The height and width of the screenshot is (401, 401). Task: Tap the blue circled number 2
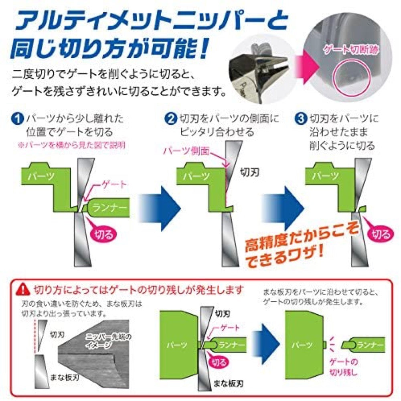click(171, 119)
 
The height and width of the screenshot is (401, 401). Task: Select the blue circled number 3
click(300, 119)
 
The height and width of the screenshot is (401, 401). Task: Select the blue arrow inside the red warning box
click(265, 344)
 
